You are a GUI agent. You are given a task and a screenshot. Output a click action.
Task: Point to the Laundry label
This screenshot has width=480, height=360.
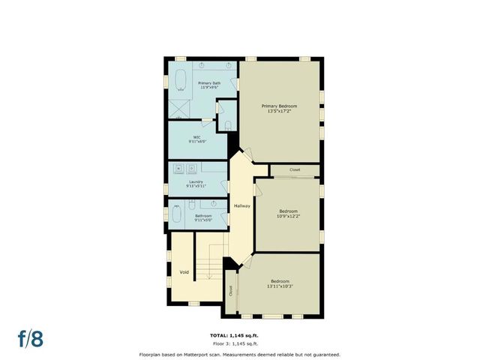click(196, 182)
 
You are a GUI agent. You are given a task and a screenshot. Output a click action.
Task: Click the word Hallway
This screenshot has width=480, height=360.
click(241, 205)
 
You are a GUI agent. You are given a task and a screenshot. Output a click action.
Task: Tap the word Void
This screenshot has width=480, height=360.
click(184, 271)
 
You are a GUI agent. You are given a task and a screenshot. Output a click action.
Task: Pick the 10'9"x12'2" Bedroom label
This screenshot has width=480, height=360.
click(289, 214)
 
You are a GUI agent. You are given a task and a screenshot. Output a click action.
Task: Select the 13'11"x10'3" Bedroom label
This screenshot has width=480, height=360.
click(286, 283)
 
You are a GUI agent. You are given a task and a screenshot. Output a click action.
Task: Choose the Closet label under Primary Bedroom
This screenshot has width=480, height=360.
click(295, 170)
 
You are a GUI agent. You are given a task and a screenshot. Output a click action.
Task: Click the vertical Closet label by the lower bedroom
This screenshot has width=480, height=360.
click(231, 289)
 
